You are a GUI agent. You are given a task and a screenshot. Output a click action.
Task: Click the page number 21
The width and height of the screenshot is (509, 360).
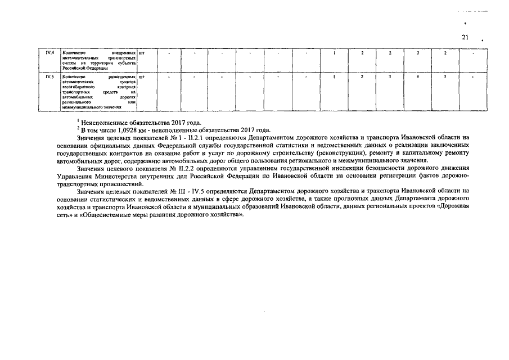[465, 37]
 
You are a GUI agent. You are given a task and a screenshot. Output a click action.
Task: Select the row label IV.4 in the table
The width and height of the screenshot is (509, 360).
[49, 53]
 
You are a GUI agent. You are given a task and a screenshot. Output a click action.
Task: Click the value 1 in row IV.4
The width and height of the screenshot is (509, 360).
[335, 53]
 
